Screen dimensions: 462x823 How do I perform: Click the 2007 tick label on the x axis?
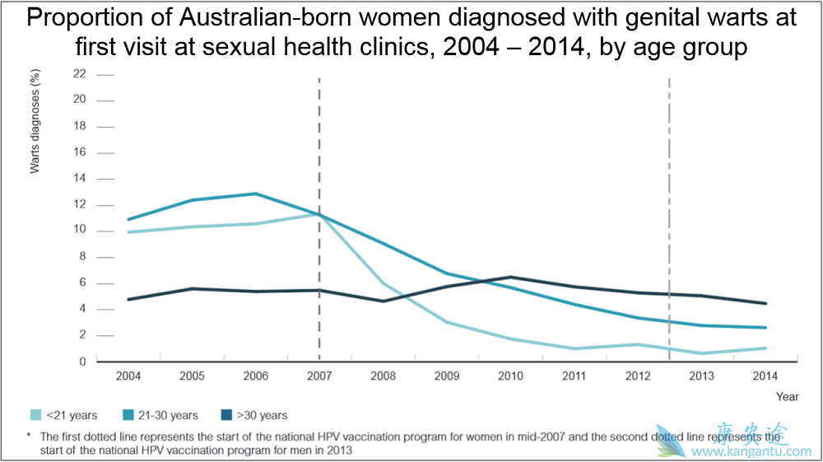pyautogui.click(x=319, y=376)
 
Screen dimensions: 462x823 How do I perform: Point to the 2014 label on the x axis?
pyautogui.click(x=765, y=376)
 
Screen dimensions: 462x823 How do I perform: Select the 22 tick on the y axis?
pyautogui.click(x=79, y=73)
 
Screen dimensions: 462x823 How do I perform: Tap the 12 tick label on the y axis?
pyautogui.click(x=79, y=204)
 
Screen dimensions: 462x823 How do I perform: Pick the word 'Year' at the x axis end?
pyautogui.click(x=787, y=396)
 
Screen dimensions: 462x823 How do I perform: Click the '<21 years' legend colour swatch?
pyautogui.click(x=36, y=415)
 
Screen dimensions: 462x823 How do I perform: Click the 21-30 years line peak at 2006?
pyautogui.click(x=255, y=194)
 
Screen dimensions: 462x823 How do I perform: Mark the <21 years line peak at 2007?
pyautogui.click(x=319, y=214)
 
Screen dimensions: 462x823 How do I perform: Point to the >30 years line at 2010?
pyautogui.click(x=510, y=277)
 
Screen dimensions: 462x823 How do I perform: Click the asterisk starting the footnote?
pyautogui.click(x=29, y=436)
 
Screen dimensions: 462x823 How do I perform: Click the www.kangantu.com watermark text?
pyautogui.click(x=751, y=451)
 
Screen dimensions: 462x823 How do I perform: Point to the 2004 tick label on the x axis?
pyautogui.click(x=128, y=376)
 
